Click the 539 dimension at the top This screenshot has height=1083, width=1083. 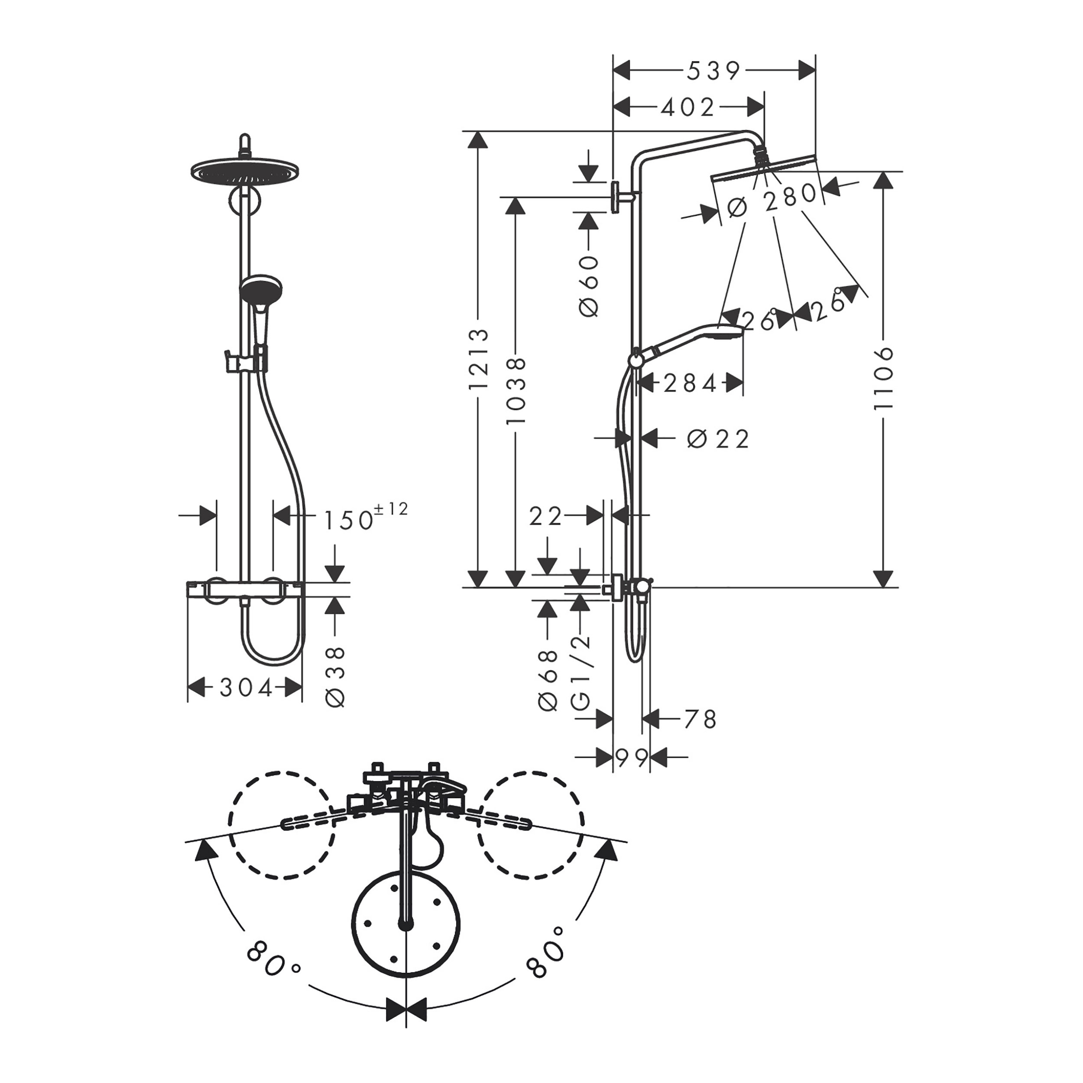click(x=713, y=71)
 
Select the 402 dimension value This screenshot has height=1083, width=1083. click(x=688, y=107)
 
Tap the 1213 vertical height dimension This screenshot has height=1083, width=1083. click(x=479, y=359)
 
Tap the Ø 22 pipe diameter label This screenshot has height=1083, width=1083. click(x=718, y=439)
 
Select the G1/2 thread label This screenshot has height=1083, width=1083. click(x=581, y=673)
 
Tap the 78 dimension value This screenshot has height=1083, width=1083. click(x=700, y=719)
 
